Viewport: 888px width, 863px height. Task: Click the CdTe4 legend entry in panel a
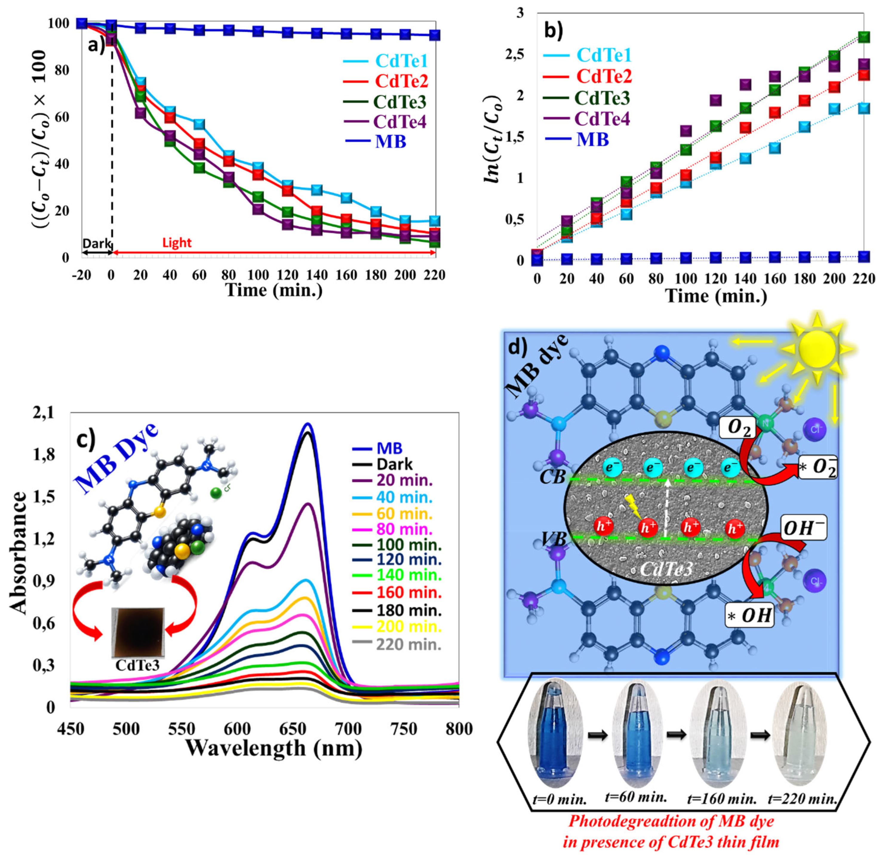coord(386,122)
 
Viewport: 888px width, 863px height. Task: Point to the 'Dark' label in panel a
coord(96,243)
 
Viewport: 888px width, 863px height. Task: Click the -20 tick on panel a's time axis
coord(81,275)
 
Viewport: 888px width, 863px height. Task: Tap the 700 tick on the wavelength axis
coord(348,729)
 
